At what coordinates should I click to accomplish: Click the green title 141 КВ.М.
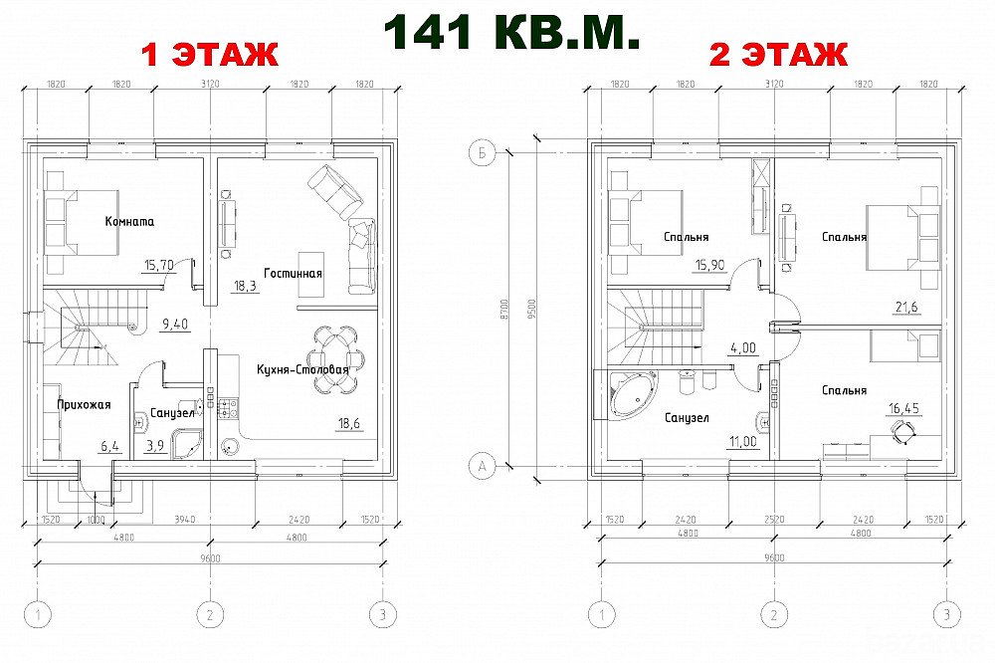[511, 31]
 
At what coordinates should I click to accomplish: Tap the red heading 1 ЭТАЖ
[209, 55]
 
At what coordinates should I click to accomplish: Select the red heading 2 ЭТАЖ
[778, 55]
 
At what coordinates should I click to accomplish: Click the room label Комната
[129, 222]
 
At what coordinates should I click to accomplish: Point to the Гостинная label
[293, 274]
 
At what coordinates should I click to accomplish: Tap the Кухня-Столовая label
[302, 369]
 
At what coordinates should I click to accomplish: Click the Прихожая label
[84, 404]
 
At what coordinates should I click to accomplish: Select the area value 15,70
[158, 265]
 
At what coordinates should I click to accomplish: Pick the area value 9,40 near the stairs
[174, 325]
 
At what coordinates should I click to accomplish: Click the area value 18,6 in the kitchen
[350, 424]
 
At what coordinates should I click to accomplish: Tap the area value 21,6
[906, 308]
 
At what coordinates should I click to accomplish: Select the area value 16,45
[903, 408]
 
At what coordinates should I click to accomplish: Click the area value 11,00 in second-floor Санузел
[742, 441]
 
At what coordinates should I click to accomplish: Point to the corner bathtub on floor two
[633, 394]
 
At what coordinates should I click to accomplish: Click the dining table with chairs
[337, 359]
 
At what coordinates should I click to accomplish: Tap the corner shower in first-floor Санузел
[187, 444]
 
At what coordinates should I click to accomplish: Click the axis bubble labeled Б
[482, 153]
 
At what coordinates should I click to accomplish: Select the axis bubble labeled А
[482, 467]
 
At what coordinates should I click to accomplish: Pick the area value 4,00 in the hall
[743, 348]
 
